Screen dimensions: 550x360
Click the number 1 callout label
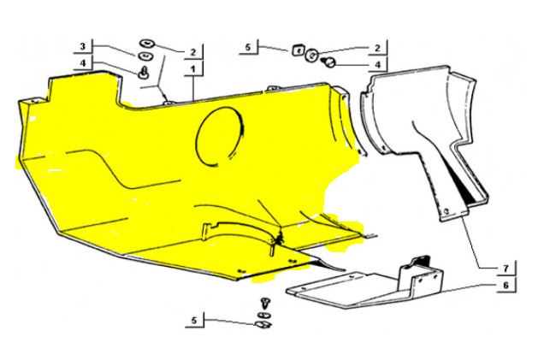click(x=192, y=69)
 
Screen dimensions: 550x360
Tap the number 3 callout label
click(x=83, y=46)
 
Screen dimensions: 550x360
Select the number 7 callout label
click(x=506, y=269)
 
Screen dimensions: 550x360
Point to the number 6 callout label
click(x=506, y=285)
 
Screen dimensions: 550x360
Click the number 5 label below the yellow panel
click(x=194, y=321)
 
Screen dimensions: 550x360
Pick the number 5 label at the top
click(x=248, y=47)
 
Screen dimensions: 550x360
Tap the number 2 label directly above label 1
click(x=193, y=52)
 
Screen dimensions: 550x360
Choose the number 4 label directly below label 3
click(x=83, y=63)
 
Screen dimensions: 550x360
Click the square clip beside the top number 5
click(x=298, y=50)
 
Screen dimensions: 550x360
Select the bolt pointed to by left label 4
click(x=144, y=72)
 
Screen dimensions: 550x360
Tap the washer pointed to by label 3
click(x=144, y=56)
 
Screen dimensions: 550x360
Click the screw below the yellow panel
click(x=265, y=303)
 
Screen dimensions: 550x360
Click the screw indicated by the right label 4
click(x=329, y=62)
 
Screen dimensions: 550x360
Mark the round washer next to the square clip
click(x=311, y=55)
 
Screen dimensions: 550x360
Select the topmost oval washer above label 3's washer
click(x=147, y=44)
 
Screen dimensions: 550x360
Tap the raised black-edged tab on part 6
click(x=420, y=261)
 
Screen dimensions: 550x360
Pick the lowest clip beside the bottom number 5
click(x=263, y=324)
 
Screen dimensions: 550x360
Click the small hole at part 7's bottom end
click(x=447, y=211)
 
